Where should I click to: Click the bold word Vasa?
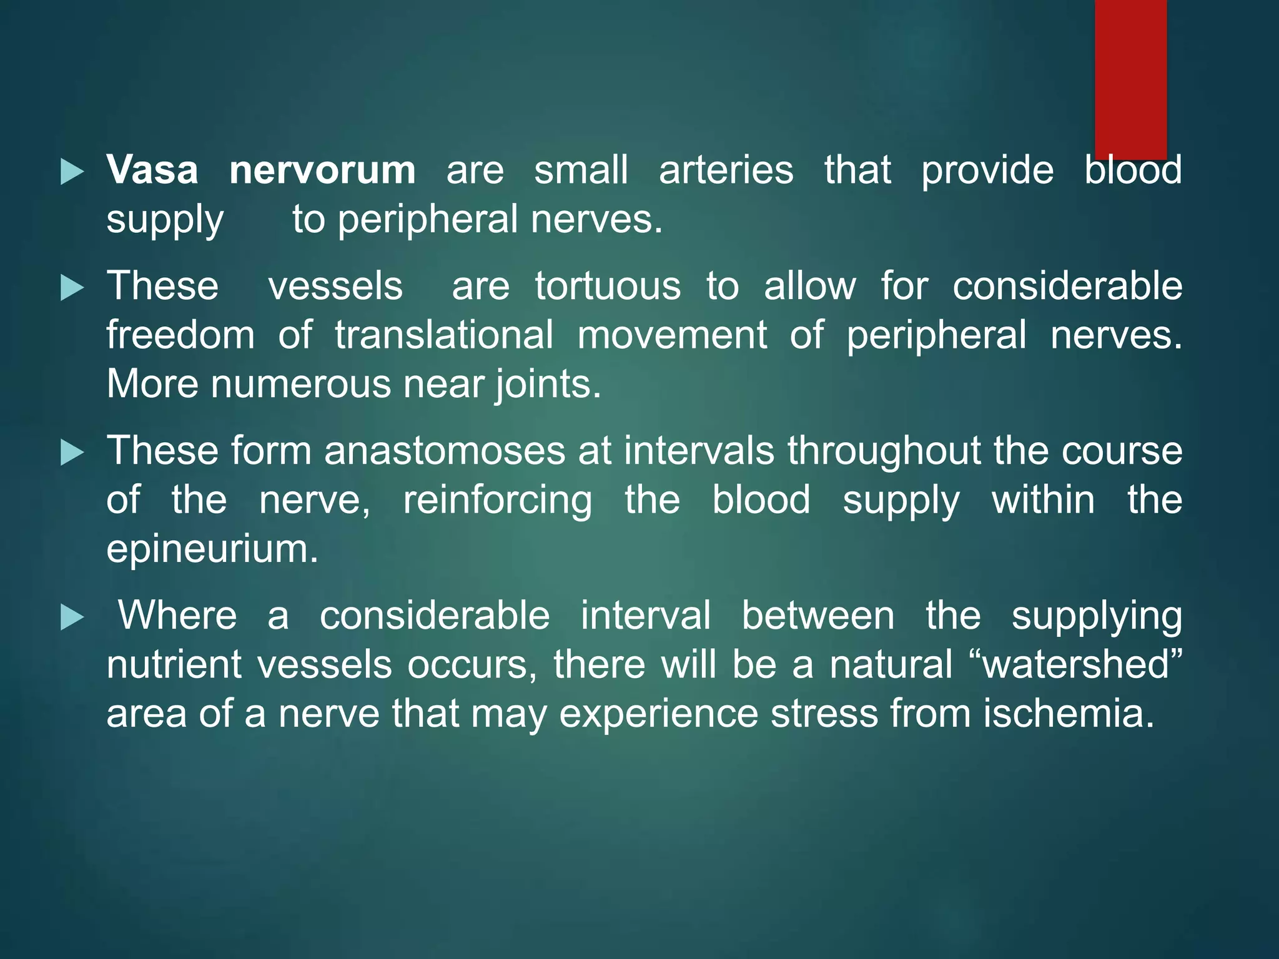point(152,170)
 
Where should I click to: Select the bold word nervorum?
point(322,170)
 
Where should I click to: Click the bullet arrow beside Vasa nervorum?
point(72,172)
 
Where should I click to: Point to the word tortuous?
point(607,287)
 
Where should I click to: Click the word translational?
point(443,335)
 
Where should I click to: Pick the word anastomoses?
point(444,451)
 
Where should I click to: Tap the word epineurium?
point(212,549)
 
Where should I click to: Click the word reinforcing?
point(497,501)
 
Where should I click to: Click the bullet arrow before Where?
point(72,618)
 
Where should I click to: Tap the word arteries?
point(726,170)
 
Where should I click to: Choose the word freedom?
point(180,335)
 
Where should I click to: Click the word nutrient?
point(174,664)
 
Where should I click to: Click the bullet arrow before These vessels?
point(72,288)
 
